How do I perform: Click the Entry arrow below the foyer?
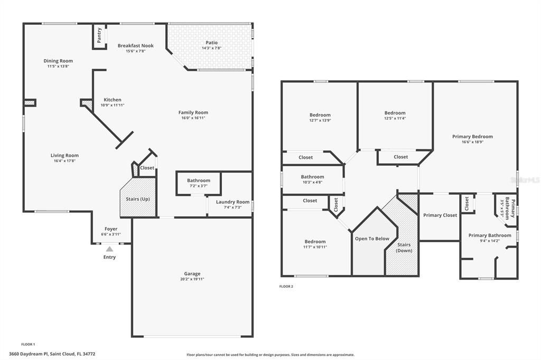pyautogui.click(x=109, y=249)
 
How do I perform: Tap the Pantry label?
pyautogui.click(x=99, y=35)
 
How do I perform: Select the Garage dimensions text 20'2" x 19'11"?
pyautogui.click(x=192, y=279)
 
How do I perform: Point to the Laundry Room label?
pyautogui.click(x=232, y=202)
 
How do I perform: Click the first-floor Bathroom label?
pyautogui.click(x=198, y=181)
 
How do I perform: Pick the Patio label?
pyautogui.click(x=211, y=43)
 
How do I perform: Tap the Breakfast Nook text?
pyautogui.click(x=135, y=46)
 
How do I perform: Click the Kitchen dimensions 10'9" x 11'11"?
pyautogui.click(x=113, y=105)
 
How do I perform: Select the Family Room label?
pyautogui.click(x=193, y=112)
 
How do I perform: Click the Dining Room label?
pyautogui.click(x=58, y=61)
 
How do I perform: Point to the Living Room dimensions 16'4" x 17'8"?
pyautogui.click(x=64, y=160)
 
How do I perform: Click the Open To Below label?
pyautogui.click(x=372, y=239)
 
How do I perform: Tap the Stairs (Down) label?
pyautogui.click(x=404, y=248)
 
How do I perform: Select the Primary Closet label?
pyautogui.click(x=440, y=215)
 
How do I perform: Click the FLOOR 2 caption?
pyautogui.click(x=286, y=287)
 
